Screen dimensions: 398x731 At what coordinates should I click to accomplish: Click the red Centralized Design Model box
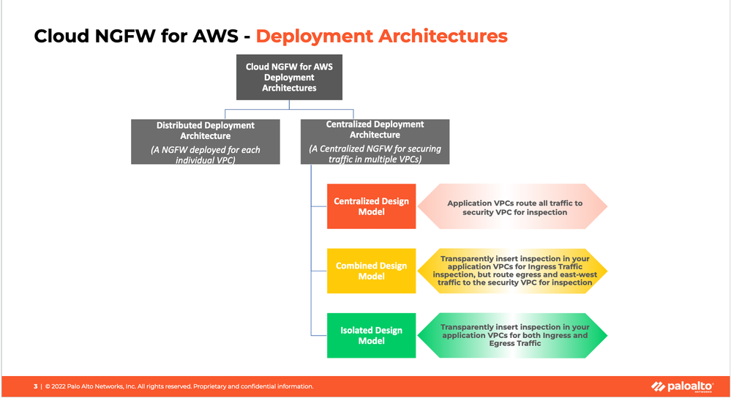(371, 206)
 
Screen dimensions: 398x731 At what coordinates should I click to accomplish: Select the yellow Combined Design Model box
(371, 271)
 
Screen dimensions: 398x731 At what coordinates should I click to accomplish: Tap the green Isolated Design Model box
(371, 335)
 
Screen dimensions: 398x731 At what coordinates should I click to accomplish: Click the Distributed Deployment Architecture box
(205, 141)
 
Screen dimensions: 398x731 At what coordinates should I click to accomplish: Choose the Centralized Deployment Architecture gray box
(375, 141)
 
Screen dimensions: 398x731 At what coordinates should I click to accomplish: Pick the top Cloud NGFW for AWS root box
(289, 78)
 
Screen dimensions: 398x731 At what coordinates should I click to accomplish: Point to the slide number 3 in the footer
(35, 386)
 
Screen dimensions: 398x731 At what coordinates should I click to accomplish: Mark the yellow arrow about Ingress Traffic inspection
(514, 271)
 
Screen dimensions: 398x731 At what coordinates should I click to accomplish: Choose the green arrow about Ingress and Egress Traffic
(514, 335)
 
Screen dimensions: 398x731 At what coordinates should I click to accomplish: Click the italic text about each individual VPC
(205, 154)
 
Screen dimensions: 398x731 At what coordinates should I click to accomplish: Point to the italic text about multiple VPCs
(375, 154)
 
